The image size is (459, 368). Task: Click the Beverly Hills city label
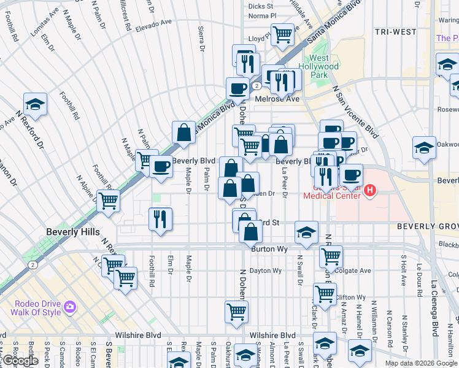tap(71, 232)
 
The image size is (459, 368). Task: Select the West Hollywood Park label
tap(318, 71)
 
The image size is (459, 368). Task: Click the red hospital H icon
tap(369, 191)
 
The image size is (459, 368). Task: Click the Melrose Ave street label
tap(281, 99)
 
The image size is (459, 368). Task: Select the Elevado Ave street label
tap(154, 23)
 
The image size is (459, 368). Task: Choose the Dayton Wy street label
tap(265, 270)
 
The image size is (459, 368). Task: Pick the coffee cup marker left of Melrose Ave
tap(237, 88)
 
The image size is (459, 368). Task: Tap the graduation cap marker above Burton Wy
tap(306, 232)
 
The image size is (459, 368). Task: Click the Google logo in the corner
tap(20, 361)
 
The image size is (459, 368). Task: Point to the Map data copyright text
tap(421, 363)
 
